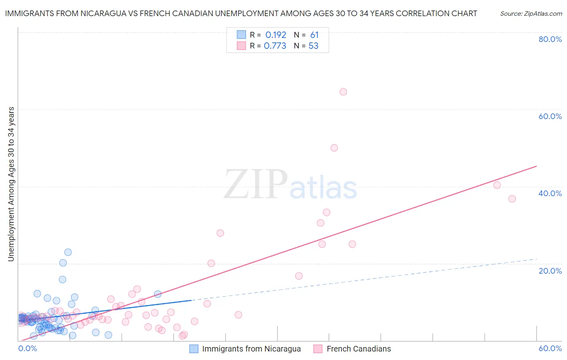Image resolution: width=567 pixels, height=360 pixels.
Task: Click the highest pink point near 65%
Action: [x=343, y=92]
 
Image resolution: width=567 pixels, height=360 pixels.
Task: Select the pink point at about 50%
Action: [x=334, y=148]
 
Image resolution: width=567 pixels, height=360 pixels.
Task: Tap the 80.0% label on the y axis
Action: [x=550, y=39]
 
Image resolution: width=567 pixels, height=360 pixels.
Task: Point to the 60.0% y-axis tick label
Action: [x=550, y=116]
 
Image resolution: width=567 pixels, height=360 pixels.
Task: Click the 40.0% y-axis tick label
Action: [x=550, y=193]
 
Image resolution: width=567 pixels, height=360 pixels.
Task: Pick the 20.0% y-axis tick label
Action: [x=550, y=271]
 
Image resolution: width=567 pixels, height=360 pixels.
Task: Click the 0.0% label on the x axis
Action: [x=28, y=348]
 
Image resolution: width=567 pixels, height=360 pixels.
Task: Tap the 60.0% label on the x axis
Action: [x=550, y=348]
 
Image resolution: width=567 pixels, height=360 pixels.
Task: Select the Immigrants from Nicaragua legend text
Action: [x=251, y=349]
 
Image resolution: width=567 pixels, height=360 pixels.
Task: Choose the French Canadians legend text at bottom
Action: [x=359, y=349]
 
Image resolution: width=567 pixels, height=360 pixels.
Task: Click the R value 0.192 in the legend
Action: [x=275, y=35]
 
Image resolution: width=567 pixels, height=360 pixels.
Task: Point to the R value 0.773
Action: [x=275, y=46]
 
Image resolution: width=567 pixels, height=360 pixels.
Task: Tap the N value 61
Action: [x=314, y=35]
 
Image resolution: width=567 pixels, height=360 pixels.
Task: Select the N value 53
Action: [x=313, y=46]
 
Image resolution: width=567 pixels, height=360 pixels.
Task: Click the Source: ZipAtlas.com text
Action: [x=531, y=13]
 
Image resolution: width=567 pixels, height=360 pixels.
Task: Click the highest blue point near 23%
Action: [x=68, y=252]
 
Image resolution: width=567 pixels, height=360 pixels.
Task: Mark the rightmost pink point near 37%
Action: [x=512, y=199]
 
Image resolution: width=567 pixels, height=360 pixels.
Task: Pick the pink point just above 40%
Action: [x=497, y=185]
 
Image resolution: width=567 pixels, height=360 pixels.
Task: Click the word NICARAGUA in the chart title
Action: [x=111, y=13]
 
